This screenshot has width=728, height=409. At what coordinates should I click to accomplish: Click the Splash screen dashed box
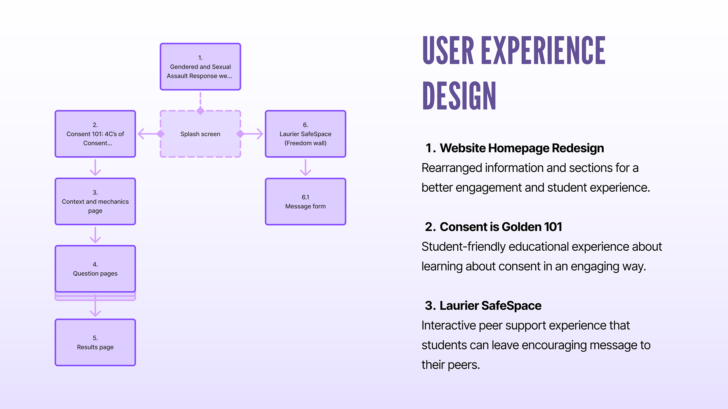pyautogui.click(x=200, y=134)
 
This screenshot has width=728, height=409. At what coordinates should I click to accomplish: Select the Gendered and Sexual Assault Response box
pyautogui.click(x=200, y=67)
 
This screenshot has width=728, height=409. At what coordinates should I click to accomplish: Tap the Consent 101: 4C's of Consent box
pyautogui.click(x=95, y=134)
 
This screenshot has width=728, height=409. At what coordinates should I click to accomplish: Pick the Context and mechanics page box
pyautogui.click(x=95, y=201)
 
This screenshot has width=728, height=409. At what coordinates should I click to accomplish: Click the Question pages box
pyautogui.click(x=95, y=269)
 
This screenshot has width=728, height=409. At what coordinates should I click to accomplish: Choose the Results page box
pyautogui.click(x=95, y=342)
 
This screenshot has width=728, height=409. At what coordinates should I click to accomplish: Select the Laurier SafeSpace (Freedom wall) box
pyautogui.click(x=305, y=134)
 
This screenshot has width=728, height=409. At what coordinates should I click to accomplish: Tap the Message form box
pyautogui.click(x=305, y=201)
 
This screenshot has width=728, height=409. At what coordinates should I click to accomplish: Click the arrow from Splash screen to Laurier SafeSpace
pyautogui.click(x=252, y=134)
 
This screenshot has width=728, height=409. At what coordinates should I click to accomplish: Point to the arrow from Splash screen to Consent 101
pyautogui.click(x=149, y=134)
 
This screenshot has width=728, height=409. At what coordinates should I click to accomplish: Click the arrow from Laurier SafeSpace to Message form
pyautogui.click(x=305, y=168)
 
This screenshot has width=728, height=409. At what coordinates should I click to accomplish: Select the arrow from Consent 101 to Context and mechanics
pyautogui.click(x=95, y=168)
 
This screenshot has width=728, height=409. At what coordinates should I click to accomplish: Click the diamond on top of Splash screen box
pyautogui.click(x=200, y=111)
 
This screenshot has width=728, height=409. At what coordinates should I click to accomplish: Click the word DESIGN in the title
pyautogui.click(x=459, y=96)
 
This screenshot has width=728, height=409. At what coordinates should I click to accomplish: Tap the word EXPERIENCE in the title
pyautogui.click(x=543, y=51)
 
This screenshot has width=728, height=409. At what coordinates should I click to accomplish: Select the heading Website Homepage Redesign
pyautogui.click(x=522, y=148)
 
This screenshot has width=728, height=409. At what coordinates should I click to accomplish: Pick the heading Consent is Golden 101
pyautogui.click(x=500, y=227)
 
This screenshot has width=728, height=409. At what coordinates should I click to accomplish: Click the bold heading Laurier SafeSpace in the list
pyautogui.click(x=490, y=306)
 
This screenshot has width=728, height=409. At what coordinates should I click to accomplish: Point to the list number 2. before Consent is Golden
pyautogui.click(x=430, y=227)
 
